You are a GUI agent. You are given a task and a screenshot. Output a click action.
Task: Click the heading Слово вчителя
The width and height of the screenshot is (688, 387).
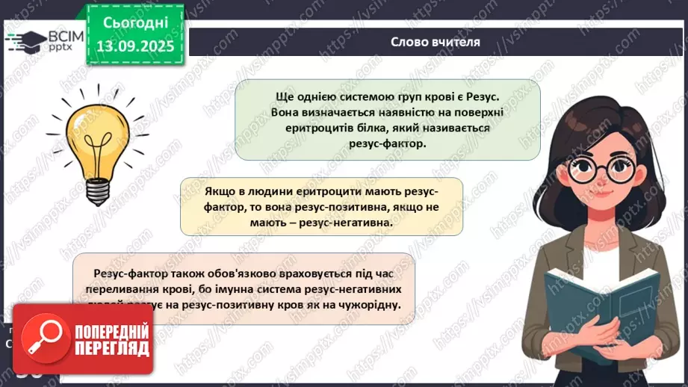pos(436,42)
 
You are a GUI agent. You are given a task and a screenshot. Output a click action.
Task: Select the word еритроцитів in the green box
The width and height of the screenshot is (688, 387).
pos(301,128)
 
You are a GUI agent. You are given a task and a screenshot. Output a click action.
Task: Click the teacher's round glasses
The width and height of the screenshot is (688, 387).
pos(600,169)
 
